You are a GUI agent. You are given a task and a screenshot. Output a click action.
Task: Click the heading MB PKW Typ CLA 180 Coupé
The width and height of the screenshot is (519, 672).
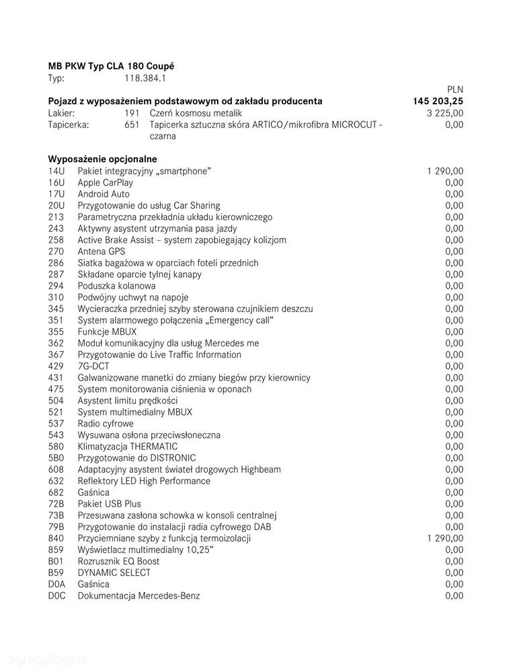111,66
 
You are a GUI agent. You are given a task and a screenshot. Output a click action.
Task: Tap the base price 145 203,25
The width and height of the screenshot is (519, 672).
438,101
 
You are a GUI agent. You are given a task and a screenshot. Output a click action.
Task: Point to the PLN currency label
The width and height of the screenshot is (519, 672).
454,89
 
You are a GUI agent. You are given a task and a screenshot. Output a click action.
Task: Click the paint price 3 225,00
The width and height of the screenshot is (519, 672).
444,113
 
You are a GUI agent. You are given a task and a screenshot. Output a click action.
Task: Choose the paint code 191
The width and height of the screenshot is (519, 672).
132,113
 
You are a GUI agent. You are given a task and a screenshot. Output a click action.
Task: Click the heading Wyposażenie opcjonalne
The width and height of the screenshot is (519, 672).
102,159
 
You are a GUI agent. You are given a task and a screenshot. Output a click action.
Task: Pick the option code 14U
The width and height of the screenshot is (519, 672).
56,171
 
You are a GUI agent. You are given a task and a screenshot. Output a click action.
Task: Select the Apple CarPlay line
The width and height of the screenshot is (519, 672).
105,182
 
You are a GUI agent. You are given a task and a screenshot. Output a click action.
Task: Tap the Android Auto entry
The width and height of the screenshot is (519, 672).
104,194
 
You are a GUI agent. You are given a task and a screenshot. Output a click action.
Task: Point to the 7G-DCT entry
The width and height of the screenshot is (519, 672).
93,366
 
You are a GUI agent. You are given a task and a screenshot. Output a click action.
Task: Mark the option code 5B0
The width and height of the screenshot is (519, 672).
56,457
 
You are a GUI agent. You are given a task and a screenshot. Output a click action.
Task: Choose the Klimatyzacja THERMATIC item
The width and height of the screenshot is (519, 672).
128,446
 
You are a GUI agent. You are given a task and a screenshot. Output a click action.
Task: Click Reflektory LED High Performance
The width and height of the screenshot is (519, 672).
144,481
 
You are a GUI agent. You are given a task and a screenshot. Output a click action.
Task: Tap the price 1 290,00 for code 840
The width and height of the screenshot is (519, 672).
444,538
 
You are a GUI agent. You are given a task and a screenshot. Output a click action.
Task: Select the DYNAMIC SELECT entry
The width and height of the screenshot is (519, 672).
114,572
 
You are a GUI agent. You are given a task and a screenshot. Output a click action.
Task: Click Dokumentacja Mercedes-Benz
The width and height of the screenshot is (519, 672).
138,595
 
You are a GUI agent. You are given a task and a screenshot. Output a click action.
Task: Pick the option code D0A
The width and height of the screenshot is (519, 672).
56,584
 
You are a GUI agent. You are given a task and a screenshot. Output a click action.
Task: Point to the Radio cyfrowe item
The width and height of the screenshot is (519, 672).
106,423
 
